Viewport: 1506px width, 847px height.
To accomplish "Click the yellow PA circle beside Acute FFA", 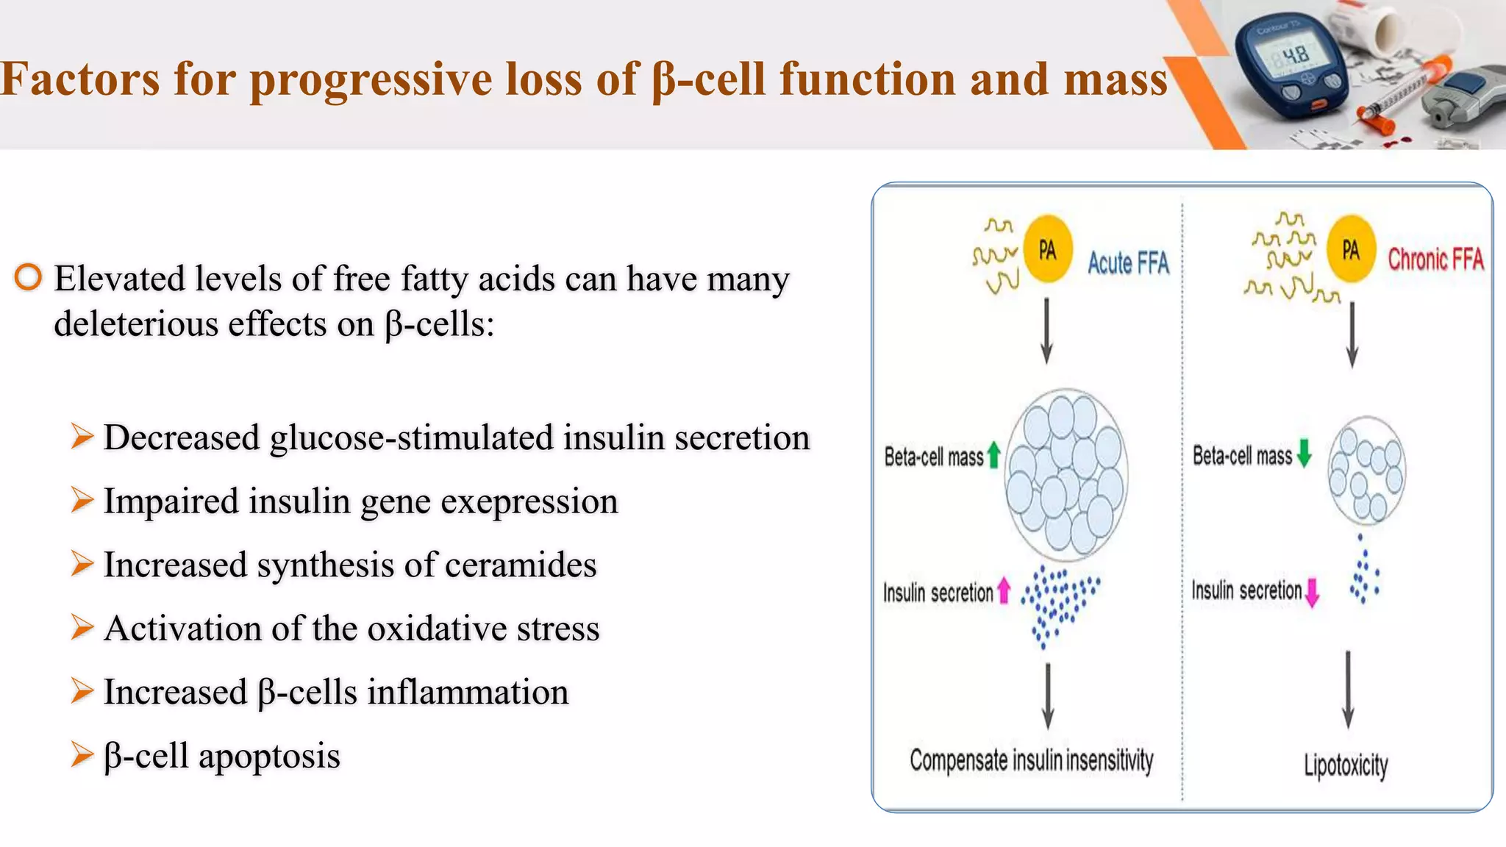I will click(1048, 250).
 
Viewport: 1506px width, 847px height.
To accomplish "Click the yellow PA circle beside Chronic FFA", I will click(1352, 250).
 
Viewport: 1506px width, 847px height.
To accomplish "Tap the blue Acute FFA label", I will click(1128, 262).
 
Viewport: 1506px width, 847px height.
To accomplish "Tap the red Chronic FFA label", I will click(1435, 260).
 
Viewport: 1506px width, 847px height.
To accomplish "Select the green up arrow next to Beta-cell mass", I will click(993, 454).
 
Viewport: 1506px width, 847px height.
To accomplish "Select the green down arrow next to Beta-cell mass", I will click(1305, 453).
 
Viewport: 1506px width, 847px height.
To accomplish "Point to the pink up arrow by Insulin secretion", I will click(1004, 590).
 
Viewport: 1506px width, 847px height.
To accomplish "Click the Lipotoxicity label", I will click(1346, 765).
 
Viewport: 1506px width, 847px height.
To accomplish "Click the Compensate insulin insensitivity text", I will click(1031, 760).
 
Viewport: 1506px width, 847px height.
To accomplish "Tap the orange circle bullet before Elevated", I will click(28, 277).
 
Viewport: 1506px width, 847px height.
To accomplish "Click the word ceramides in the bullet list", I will click(521, 565).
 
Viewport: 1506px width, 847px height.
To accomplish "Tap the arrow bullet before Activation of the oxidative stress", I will click(82, 628).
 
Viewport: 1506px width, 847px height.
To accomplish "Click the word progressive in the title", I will click(371, 79).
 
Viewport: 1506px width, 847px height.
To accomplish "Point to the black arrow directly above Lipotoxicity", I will click(1348, 689).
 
